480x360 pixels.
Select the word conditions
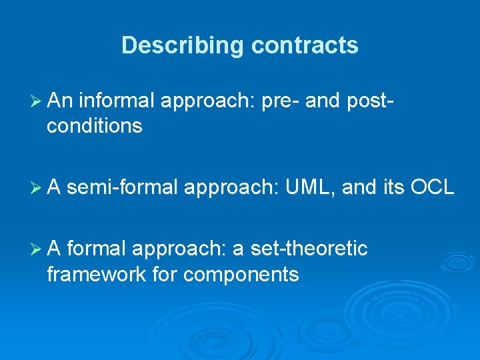pyautogui.click(x=94, y=126)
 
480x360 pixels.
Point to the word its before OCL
pyautogui.click(x=394, y=189)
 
